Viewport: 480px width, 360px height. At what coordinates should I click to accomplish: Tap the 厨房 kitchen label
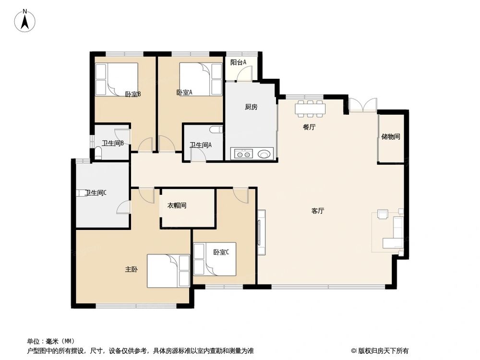[251, 107]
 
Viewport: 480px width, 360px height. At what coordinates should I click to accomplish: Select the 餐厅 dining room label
[309, 127]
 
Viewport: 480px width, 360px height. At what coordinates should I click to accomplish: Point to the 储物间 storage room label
[391, 136]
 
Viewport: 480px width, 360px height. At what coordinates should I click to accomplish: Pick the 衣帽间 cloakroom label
[177, 205]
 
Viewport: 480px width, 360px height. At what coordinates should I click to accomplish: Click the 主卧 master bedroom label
[132, 270]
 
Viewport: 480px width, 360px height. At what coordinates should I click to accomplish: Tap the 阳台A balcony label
[238, 62]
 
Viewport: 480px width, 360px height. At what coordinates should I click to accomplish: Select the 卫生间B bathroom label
[113, 143]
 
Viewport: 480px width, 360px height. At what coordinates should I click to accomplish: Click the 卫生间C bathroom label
[96, 193]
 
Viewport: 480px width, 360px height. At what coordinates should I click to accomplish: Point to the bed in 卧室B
[117, 79]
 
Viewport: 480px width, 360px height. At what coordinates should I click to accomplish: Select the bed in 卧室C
[215, 259]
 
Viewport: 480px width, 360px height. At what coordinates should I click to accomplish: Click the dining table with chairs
[310, 108]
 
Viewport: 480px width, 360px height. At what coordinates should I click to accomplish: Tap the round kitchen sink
[264, 154]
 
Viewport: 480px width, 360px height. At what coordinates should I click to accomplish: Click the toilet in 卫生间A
[216, 130]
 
